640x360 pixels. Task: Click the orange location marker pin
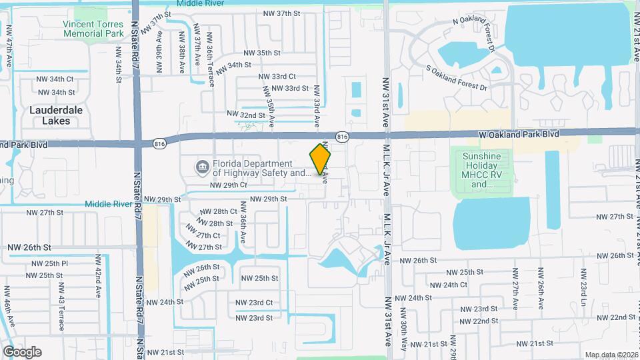point(321,159)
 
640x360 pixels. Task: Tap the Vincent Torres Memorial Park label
point(93,29)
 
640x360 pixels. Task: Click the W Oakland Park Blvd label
point(519,134)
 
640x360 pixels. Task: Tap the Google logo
point(22,352)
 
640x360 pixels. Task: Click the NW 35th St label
point(261,53)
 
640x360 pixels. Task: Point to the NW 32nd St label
point(245,115)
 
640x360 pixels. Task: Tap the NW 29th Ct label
point(228,185)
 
